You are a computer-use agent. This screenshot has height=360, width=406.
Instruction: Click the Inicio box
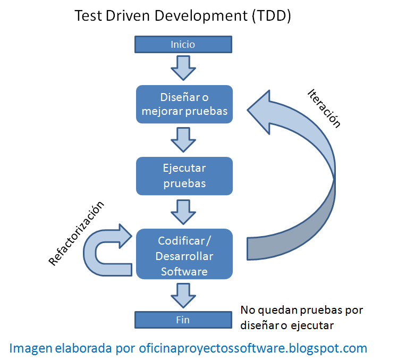tap(183, 44)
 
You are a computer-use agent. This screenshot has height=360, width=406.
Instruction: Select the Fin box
tap(183, 320)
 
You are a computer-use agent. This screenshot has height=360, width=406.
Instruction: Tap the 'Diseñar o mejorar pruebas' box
tap(184, 104)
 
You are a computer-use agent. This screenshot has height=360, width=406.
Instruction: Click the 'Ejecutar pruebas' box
tap(184, 175)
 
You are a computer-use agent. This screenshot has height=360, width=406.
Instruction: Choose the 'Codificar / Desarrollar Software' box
tap(184, 254)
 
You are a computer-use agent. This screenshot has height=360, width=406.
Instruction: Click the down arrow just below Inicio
tap(183, 67)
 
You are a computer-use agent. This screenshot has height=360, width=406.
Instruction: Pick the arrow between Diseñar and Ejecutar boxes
tap(183, 140)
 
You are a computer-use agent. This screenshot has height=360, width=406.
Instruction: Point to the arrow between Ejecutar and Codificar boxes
tap(183, 212)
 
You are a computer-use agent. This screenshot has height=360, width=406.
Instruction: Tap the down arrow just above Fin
tap(183, 295)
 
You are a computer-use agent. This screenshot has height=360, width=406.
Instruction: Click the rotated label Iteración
tap(324, 108)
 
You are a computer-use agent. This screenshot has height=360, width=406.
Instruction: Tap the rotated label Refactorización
tap(77, 234)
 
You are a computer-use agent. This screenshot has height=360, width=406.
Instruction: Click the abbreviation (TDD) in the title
tap(270, 16)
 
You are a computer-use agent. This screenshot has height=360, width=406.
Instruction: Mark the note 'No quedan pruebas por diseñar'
tap(301, 317)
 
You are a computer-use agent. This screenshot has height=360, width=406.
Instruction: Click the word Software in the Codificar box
tap(184, 271)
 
